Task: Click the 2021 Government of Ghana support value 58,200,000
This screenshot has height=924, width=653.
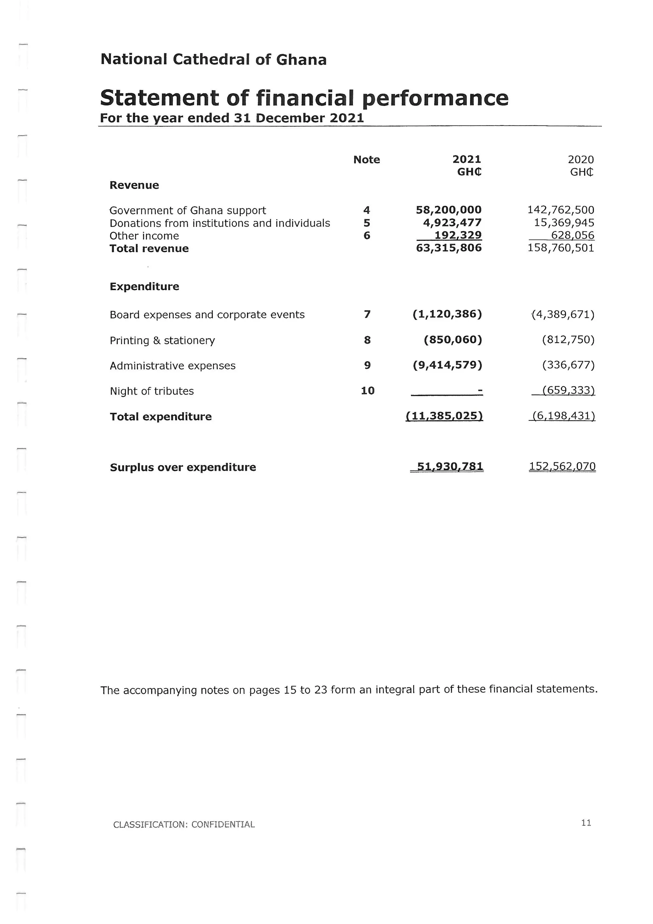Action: click(x=448, y=210)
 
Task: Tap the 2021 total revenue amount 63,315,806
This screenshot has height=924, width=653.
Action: click(x=448, y=248)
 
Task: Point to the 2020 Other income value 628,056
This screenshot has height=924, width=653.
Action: click(x=572, y=235)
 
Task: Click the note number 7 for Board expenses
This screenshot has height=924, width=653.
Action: click(x=367, y=314)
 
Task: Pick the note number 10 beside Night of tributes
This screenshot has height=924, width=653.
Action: click(x=368, y=390)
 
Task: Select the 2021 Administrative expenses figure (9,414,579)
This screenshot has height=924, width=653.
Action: click(x=447, y=365)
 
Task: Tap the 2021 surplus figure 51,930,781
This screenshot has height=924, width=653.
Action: click(x=450, y=466)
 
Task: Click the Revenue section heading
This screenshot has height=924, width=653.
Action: click(x=134, y=185)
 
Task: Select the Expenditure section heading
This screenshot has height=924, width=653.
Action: click(x=144, y=287)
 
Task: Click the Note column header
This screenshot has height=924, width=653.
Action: click(x=366, y=160)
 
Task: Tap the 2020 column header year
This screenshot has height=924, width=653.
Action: click(x=580, y=160)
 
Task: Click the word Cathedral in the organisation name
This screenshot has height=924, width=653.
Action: click(x=211, y=60)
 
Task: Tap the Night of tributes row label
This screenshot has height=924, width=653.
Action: click(x=151, y=391)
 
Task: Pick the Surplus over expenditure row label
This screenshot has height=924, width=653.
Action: click(x=183, y=467)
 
